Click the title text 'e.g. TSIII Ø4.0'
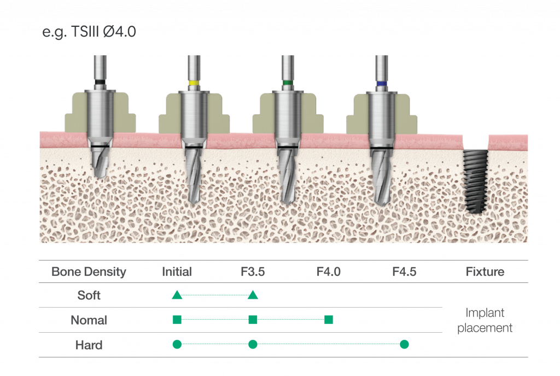pyautogui.click(x=89, y=32)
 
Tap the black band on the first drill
pyautogui.click(x=100, y=83)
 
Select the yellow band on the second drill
pyautogui.click(x=194, y=83)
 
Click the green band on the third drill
pyautogui.click(x=287, y=84)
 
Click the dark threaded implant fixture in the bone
pyautogui.click(x=474, y=181)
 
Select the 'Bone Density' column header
pyautogui.click(x=89, y=272)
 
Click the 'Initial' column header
pyautogui.click(x=177, y=272)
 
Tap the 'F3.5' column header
pyautogui.click(x=253, y=272)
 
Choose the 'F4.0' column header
pyautogui.click(x=329, y=272)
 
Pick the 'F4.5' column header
pyautogui.click(x=404, y=272)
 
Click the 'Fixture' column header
pyautogui.click(x=485, y=272)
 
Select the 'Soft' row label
pyautogui.click(x=89, y=296)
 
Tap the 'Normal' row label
pyautogui.click(x=89, y=320)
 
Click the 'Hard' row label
pyautogui.click(x=89, y=345)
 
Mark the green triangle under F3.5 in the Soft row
pyautogui.click(x=253, y=296)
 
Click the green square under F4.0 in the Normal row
pyautogui.click(x=329, y=320)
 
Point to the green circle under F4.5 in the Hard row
pyautogui.click(x=404, y=344)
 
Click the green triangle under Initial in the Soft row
pyautogui.click(x=177, y=296)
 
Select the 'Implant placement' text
pyautogui.click(x=485, y=321)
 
